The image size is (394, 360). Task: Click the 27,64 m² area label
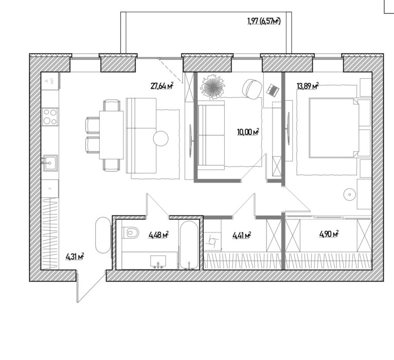coord(162,86)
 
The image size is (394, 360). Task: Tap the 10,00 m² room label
coord(248,132)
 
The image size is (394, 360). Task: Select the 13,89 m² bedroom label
coord(308,86)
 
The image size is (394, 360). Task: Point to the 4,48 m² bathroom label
coord(158,235)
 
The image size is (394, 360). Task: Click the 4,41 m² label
coord(242,236)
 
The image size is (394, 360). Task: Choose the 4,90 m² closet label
coord(329,234)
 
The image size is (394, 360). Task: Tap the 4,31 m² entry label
coord(75,257)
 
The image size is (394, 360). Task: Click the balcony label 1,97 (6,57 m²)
coord(264,21)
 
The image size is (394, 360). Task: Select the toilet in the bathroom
coord(131,232)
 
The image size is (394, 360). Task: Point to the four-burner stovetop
coord(50,117)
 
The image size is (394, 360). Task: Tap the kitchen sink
coord(50,163)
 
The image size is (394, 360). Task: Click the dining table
coord(111,135)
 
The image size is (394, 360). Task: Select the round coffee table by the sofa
coord(161,139)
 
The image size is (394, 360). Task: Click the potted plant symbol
coord(212,86)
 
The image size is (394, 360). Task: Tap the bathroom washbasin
coord(158,262)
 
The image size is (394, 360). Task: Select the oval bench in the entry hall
coord(103,235)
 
